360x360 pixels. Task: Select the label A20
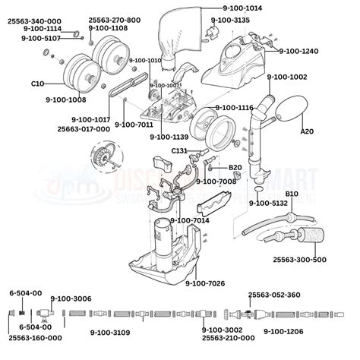pos(308,131)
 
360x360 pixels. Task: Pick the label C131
pos(179,151)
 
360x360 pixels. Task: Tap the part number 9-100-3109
pos(110,332)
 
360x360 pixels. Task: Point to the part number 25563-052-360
pos(274,295)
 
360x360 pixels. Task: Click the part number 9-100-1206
pos(283,332)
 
